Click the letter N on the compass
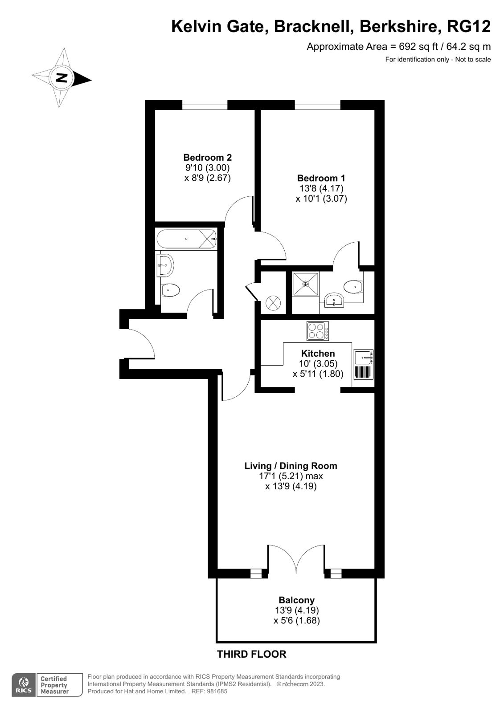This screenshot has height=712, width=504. click(61, 78)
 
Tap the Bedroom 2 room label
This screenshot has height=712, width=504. click(207, 158)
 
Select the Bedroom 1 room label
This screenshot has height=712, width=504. click(321, 178)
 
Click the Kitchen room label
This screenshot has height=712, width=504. click(318, 354)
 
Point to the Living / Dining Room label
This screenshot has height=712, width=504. click(291, 466)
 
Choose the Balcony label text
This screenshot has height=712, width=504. click(296, 600)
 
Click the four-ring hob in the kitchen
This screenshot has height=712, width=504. click(318, 331)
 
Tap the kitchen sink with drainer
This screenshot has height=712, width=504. click(364, 364)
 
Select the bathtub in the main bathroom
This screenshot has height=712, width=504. click(186, 239)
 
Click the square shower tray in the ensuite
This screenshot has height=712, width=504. click(306, 284)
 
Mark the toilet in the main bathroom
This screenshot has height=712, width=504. click(170, 290)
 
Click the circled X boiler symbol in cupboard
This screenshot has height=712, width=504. click(273, 303)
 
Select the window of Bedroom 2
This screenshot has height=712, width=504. click(205, 105)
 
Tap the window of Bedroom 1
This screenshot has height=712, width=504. click(317, 105)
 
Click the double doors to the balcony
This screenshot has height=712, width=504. click(296, 559)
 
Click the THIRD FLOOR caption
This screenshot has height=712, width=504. click(251, 654)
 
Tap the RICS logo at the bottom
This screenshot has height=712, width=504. click(23, 684)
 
